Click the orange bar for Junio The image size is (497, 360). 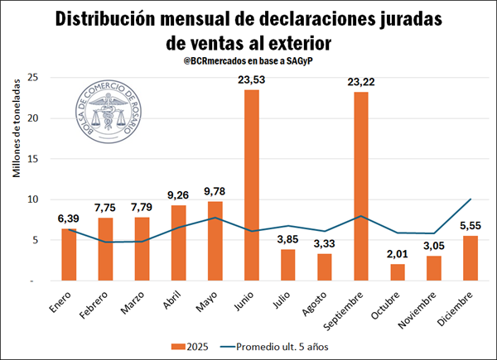251,185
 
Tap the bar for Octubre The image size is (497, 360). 398,272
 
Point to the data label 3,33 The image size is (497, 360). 325,242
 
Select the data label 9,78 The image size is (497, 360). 215,190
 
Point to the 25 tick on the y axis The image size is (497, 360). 34,77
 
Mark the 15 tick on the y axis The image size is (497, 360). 34,158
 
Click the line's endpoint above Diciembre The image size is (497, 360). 470,199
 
